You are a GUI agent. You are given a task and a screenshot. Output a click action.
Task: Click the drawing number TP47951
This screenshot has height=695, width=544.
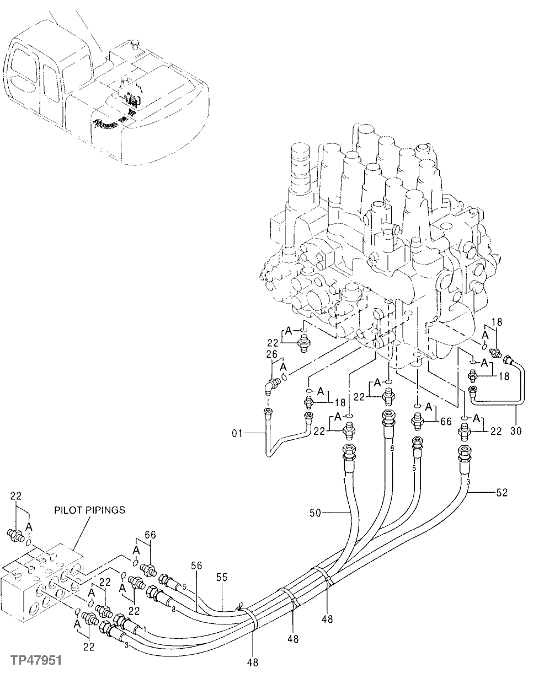click(x=35, y=660)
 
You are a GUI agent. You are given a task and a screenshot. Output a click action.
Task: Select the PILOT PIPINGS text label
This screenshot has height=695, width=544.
click(x=89, y=510)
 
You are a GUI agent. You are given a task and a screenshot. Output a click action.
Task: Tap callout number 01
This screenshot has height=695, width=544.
click(x=237, y=434)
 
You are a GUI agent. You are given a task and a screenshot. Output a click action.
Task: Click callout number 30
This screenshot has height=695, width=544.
click(x=515, y=430)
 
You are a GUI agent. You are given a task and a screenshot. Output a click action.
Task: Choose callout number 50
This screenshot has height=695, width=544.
click(x=314, y=514)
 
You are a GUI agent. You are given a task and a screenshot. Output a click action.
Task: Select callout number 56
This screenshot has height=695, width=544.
click(x=197, y=565)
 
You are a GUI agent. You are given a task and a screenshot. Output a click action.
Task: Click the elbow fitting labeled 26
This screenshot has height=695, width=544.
click(x=271, y=384)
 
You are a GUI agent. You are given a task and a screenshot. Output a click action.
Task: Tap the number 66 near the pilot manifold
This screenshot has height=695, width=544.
click(x=150, y=534)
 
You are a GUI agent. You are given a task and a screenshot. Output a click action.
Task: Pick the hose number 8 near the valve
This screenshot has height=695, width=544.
click(x=391, y=449)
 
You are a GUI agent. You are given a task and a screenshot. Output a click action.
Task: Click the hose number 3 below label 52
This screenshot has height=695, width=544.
click(x=468, y=482)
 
